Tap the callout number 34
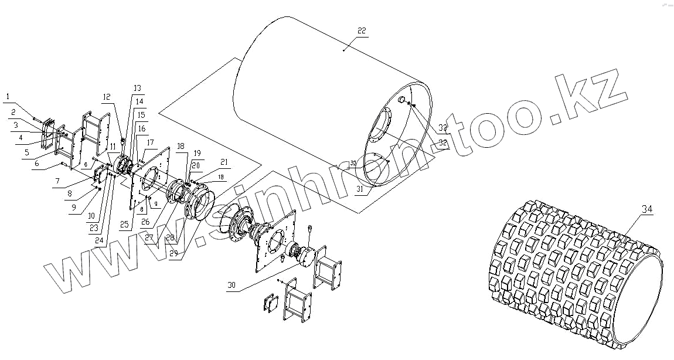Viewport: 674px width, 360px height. tap(647, 209)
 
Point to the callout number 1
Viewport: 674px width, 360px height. tap(7, 96)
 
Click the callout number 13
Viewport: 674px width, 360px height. tap(137, 89)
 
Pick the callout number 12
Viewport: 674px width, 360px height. tap(106, 97)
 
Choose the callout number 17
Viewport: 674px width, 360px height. tap(150, 142)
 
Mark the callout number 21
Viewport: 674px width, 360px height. tap(223, 162)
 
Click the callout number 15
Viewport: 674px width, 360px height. tap(141, 115)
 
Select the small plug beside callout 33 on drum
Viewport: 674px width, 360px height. tap(403, 101)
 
